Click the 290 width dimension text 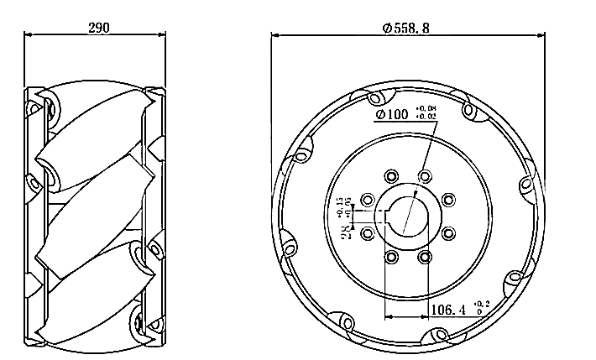point(99,27)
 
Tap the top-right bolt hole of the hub point(424,176)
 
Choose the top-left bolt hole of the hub point(390,176)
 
